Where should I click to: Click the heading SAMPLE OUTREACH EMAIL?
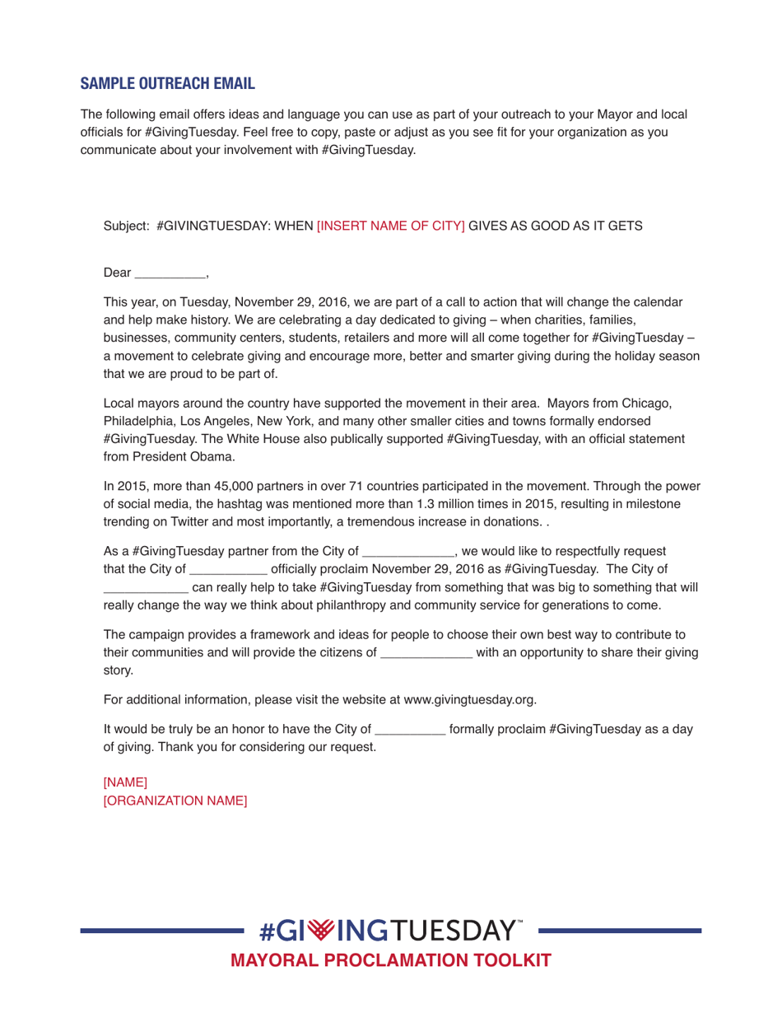167,84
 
